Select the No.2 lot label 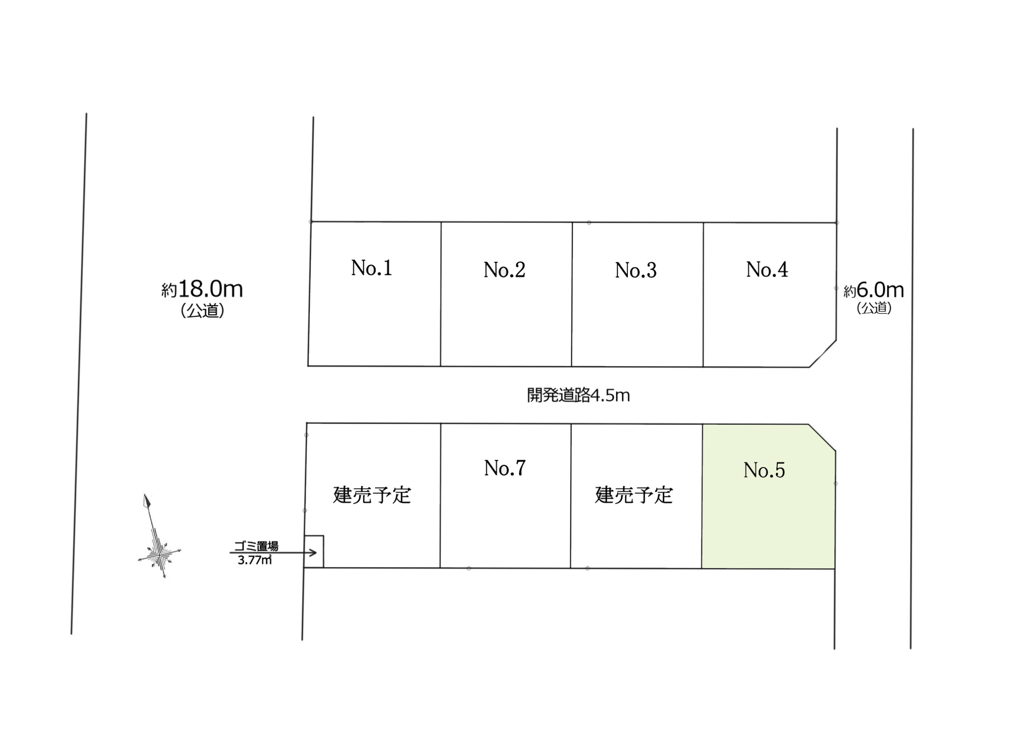(x=504, y=270)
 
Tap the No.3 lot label (x=635, y=270)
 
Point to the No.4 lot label (x=767, y=269)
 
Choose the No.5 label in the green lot (x=764, y=470)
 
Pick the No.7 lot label (x=504, y=468)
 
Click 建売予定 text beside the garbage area (x=372, y=495)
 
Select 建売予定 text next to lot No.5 (x=634, y=495)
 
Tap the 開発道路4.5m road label (x=578, y=395)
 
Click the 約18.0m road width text (x=202, y=289)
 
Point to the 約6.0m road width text (x=873, y=290)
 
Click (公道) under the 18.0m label (x=202, y=311)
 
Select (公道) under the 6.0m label (x=874, y=308)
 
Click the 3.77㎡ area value (x=255, y=560)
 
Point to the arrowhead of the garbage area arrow (x=321, y=552)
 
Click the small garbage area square (x=314, y=551)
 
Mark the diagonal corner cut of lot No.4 (x=823, y=353)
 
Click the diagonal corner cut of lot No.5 (x=822, y=437)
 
